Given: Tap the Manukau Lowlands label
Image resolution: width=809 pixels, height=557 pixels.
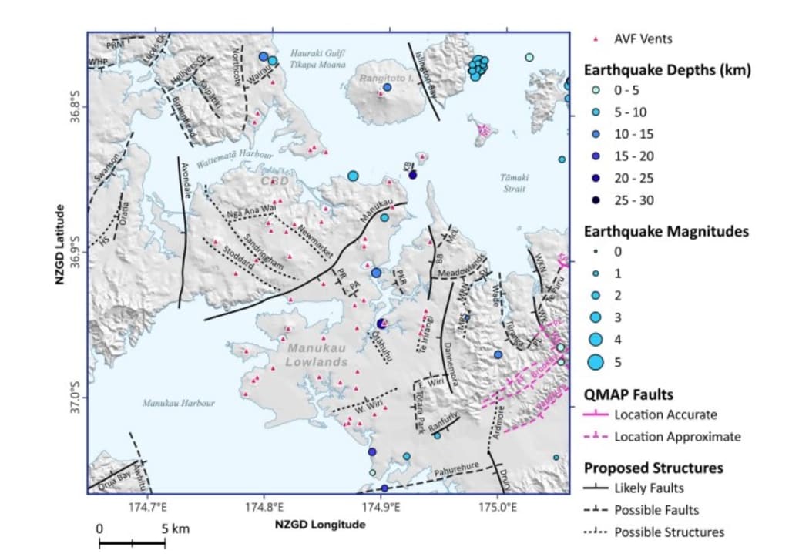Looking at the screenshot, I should click(317, 354).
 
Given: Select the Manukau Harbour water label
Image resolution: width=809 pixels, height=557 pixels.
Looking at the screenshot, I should click(178, 403).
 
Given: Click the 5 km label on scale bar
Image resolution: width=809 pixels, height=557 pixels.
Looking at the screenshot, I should click(171, 529).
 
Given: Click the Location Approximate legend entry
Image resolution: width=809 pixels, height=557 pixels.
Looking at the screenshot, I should click(677, 437).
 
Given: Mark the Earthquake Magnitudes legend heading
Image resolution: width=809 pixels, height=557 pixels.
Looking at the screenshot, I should click(666, 230).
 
